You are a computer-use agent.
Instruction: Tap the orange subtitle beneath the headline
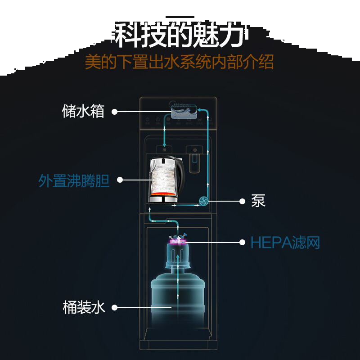click(179, 62)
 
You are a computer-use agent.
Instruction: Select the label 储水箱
click(83, 111)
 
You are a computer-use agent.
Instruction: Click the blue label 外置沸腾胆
click(74, 180)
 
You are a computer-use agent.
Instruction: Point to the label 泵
click(258, 201)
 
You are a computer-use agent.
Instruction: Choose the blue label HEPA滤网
click(285, 243)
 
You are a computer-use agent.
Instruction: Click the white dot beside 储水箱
click(114, 111)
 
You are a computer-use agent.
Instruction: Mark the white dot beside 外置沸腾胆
click(119, 180)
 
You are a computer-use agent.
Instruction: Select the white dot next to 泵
click(242, 201)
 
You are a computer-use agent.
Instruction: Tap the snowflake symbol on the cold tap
click(194, 149)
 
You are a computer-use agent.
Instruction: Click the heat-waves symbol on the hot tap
click(164, 149)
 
